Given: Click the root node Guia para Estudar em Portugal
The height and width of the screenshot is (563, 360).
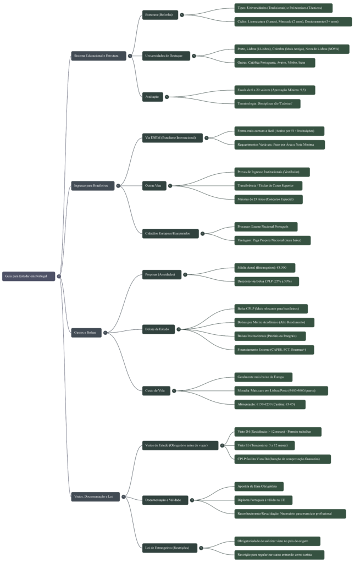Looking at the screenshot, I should click(29, 275).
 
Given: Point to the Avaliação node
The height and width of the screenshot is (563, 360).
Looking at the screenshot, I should click(152, 96).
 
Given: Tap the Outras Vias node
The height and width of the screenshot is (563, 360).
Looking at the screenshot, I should click(154, 186).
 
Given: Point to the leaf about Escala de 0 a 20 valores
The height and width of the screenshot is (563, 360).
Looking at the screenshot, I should click(275, 90).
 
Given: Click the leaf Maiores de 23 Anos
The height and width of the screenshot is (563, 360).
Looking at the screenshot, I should click(269, 199).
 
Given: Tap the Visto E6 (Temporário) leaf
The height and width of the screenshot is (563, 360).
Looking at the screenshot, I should click(266, 445).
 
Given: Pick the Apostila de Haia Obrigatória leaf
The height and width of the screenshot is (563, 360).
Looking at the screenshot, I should click(259, 486).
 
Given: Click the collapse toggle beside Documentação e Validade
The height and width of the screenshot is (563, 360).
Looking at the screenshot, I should click(192, 500).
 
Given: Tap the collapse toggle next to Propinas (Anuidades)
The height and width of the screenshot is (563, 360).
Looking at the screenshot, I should click(185, 274).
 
